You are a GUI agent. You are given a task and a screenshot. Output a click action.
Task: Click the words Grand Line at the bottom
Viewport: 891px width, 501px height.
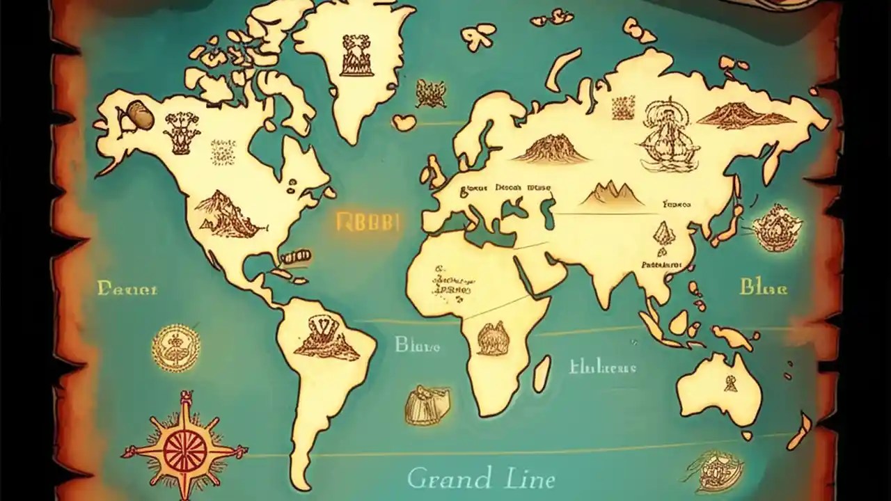pyautogui.click(x=481, y=479)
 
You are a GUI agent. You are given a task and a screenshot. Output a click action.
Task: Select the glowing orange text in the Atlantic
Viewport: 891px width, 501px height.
pyautogui.click(x=366, y=222)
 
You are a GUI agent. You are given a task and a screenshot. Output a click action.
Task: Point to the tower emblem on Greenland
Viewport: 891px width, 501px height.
pyautogui.click(x=357, y=55)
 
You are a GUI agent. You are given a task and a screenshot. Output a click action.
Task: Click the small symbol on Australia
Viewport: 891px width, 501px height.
pyautogui.click(x=730, y=383)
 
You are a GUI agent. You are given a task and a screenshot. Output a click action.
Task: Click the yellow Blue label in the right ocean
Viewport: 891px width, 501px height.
pyautogui.click(x=763, y=287)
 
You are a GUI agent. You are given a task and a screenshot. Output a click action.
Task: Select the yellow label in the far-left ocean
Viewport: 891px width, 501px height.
pyautogui.click(x=127, y=287)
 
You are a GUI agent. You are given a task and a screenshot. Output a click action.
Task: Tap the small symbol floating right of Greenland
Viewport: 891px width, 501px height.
pyautogui.click(x=430, y=93)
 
